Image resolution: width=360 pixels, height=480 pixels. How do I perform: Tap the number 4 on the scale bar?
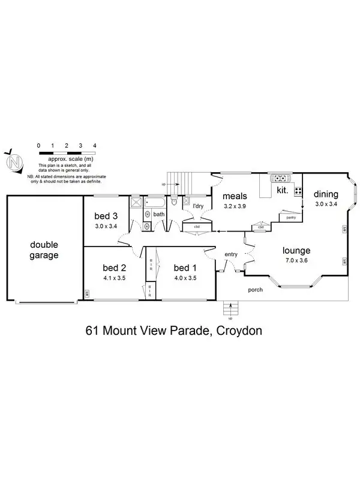click(x=95, y=146)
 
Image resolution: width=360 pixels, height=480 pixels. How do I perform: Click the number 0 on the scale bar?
click(x=38, y=146)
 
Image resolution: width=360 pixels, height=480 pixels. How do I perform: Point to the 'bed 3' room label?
click(x=106, y=217)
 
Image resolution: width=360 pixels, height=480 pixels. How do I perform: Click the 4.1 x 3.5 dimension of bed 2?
click(x=114, y=278)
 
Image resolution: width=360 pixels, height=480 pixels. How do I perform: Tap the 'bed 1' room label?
click(x=185, y=268)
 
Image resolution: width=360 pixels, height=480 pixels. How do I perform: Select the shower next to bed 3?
click(x=136, y=202)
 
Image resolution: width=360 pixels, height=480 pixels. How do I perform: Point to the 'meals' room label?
click(x=235, y=196)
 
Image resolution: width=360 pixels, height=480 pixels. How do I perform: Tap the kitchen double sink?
click(x=281, y=178)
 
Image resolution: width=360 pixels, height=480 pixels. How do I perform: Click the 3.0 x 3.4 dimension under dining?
click(x=326, y=205)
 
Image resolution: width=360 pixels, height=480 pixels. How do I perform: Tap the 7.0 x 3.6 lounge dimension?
click(x=296, y=261)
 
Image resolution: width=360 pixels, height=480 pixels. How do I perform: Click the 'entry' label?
click(x=231, y=254)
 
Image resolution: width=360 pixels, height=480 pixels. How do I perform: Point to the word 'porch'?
click(x=256, y=290)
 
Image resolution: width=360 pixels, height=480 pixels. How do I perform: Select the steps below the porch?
click(x=229, y=308)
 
